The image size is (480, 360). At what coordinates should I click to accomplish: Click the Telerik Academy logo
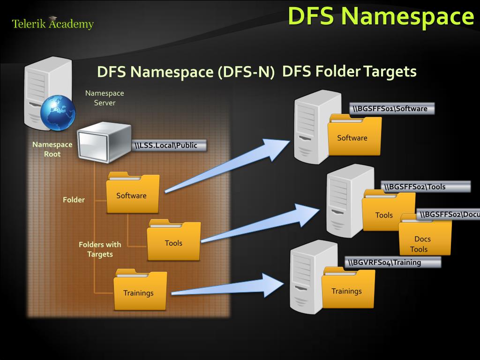[52, 23]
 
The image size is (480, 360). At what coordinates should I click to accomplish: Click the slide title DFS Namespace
[381, 15]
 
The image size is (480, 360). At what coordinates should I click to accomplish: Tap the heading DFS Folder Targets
[349, 72]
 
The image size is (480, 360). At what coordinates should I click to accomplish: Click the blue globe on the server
[58, 112]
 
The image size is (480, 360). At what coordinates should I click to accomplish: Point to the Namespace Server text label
[105, 98]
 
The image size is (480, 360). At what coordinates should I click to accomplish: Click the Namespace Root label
[52, 149]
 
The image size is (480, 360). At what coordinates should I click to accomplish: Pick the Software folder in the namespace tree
[133, 193]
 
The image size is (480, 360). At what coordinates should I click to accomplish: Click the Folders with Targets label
[100, 249]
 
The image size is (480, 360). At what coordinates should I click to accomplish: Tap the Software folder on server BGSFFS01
[354, 135]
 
